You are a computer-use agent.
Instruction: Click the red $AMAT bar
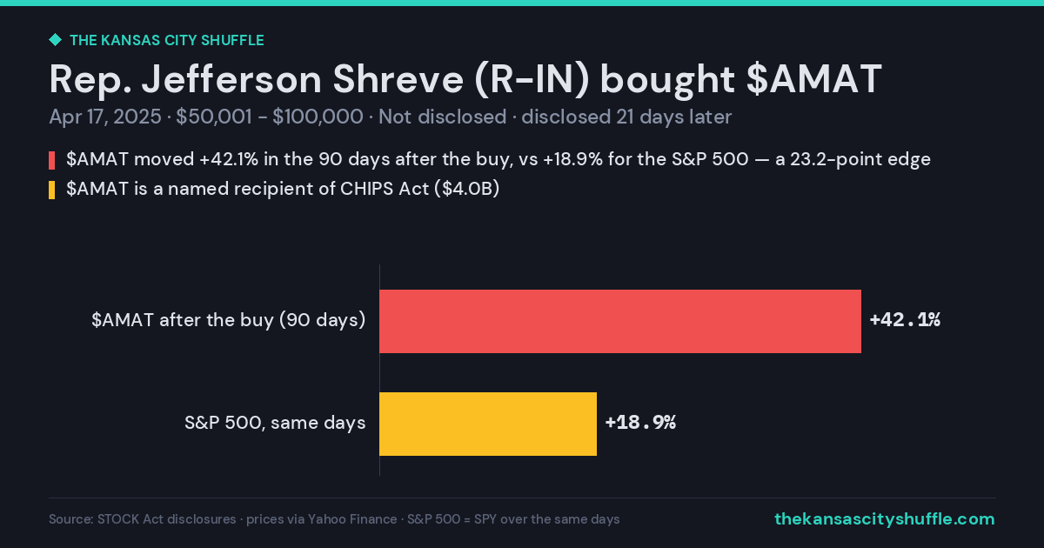click(620, 321)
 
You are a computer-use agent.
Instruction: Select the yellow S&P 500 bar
click(488, 424)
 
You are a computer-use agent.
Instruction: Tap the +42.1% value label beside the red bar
click(905, 320)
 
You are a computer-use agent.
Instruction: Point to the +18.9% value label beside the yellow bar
click(640, 422)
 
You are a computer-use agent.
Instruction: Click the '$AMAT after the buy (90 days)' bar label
click(228, 320)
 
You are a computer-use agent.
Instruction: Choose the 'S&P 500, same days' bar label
click(275, 423)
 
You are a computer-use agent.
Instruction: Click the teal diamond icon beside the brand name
click(56, 40)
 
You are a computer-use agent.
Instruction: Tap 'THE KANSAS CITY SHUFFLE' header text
click(167, 40)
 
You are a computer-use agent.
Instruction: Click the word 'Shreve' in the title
click(398, 79)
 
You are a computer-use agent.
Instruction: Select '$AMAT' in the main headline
click(813, 79)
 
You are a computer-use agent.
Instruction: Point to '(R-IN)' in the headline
click(532, 80)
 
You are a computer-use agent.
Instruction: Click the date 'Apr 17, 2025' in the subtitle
click(105, 117)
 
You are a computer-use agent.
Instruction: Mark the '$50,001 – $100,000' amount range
click(270, 117)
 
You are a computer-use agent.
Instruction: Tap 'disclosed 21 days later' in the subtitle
click(626, 117)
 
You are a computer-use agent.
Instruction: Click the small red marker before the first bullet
click(51, 160)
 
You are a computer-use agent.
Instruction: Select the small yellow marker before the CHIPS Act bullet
click(51, 190)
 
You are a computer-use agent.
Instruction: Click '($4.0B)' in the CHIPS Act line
click(466, 189)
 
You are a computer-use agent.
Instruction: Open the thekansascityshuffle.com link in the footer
click(885, 518)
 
